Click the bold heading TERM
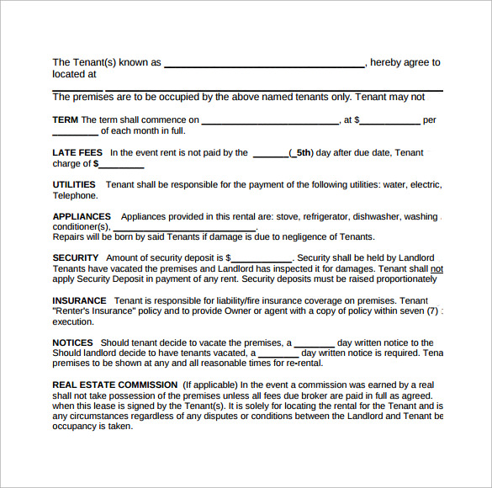tap(65, 120)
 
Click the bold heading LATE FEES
tap(77, 153)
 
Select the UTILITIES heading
tap(74, 184)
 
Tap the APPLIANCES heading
tap(82, 216)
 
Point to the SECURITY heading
tap(76, 257)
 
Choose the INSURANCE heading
tap(79, 300)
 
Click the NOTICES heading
tap(72, 343)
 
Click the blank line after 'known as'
tap(264, 65)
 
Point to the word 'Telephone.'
tap(75, 195)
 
